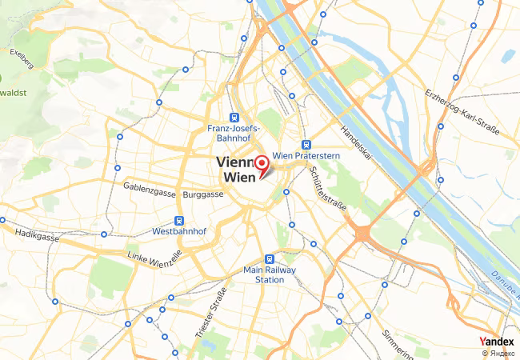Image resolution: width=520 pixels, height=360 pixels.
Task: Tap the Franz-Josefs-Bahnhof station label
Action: tap(232, 133)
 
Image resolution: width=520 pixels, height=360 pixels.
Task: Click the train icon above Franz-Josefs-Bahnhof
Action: tap(233, 116)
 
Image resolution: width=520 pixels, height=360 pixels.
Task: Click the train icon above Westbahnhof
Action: tap(179, 221)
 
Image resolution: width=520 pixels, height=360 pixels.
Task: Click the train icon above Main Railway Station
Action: tap(270, 259)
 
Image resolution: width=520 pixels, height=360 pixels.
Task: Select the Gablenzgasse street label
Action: tap(150, 186)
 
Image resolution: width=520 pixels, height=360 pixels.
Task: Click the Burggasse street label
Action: tap(202, 194)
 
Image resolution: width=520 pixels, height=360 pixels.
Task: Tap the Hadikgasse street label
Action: tap(36, 238)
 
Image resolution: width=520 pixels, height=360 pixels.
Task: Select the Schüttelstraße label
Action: tap(327, 196)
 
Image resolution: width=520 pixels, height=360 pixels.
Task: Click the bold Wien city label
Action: tap(238, 177)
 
